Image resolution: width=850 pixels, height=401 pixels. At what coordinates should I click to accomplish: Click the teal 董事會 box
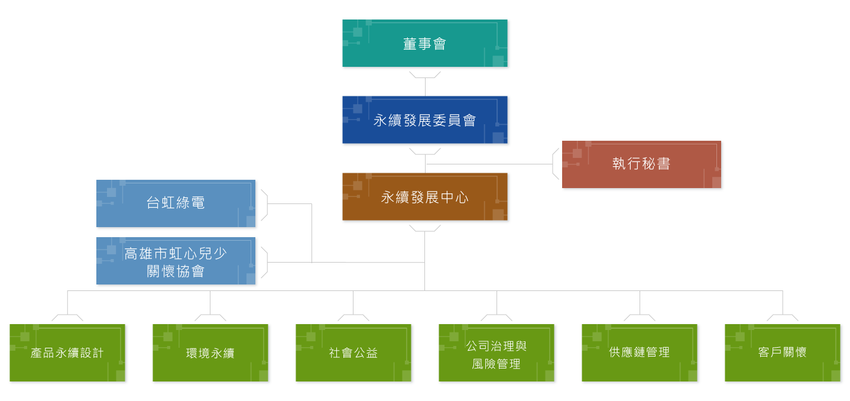pyautogui.click(x=424, y=43)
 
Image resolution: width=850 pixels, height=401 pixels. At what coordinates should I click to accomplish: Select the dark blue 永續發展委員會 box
pyautogui.click(x=424, y=119)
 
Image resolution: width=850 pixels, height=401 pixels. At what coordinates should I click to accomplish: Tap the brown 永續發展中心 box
pyautogui.click(x=424, y=197)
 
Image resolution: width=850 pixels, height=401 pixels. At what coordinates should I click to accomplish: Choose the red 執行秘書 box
pyautogui.click(x=641, y=164)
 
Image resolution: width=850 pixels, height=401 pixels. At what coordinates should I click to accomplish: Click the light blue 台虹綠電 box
pyautogui.click(x=176, y=203)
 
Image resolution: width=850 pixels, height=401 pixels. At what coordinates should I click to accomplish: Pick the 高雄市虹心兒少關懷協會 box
pyautogui.click(x=176, y=261)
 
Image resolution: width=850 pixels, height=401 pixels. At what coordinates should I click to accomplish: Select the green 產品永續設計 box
pyautogui.click(x=67, y=353)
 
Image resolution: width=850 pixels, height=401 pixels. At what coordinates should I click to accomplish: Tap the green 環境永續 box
pyautogui.click(x=210, y=353)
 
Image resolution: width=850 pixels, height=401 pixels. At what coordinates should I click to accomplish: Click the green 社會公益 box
pyautogui.click(x=353, y=353)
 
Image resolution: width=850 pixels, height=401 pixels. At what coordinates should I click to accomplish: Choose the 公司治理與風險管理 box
pyautogui.click(x=497, y=353)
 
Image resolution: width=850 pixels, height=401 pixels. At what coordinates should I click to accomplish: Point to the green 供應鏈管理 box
pyautogui.click(x=640, y=353)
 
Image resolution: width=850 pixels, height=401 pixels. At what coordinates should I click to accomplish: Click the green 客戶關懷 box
pyautogui.click(x=783, y=353)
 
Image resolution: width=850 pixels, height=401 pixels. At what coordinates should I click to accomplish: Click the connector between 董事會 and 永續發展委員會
pyautogui.click(x=425, y=86)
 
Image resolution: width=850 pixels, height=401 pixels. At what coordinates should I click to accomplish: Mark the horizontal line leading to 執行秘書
pyautogui.click(x=489, y=164)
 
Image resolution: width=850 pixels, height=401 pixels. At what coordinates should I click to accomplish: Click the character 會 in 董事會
pyautogui.click(x=439, y=44)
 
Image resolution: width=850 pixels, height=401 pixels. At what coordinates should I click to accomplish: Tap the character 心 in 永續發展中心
pyautogui.click(x=462, y=198)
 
